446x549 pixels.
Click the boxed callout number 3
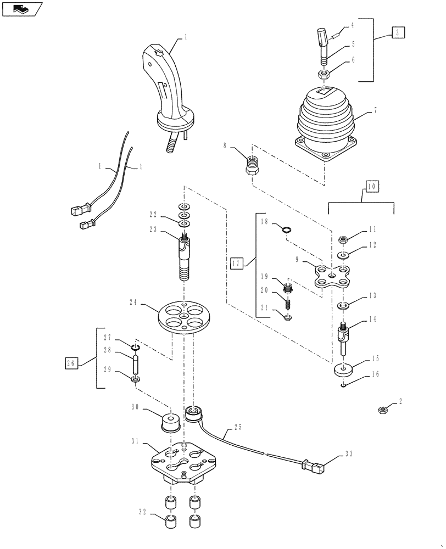[x=398, y=32]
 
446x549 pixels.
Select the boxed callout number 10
[x=371, y=187]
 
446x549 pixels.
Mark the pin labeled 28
[x=135, y=363]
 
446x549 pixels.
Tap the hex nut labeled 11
[x=341, y=239]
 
